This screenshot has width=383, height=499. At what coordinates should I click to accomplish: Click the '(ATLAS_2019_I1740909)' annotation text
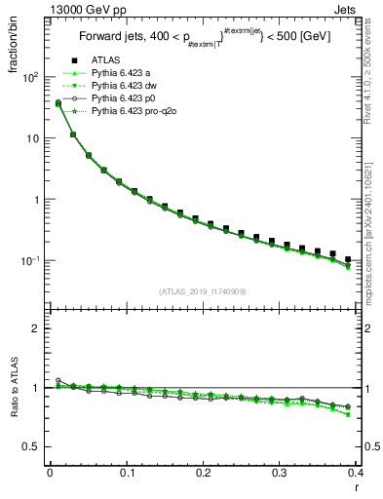tap(202, 290)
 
